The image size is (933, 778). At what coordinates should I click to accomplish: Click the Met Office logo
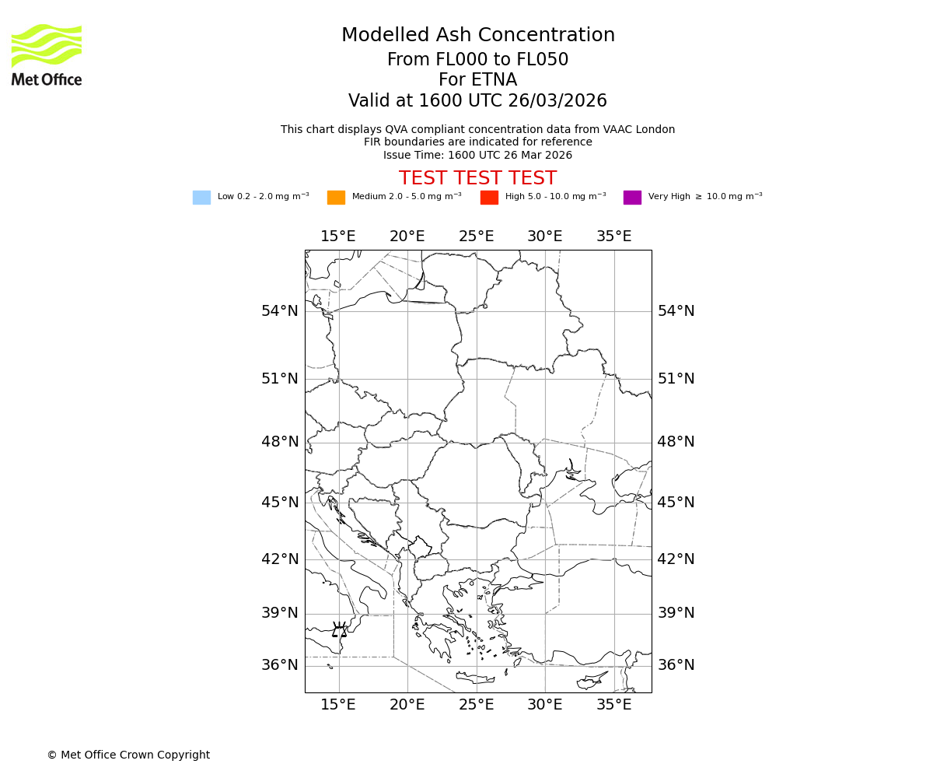point(47,54)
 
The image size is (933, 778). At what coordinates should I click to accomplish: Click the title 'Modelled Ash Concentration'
point(477,35)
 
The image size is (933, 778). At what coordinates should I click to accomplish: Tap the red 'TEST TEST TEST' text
point(477,178)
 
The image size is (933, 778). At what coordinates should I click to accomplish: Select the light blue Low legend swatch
point(201,197)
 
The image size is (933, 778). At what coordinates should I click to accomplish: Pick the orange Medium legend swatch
point(336,197)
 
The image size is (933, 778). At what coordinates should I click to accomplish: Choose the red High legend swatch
point(489,197)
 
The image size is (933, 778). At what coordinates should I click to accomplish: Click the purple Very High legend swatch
point(632,197)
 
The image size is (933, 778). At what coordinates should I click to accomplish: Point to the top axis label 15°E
point(338,237)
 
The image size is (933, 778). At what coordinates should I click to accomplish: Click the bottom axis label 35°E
point(613,705)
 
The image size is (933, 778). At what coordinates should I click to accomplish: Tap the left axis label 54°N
point(279,311)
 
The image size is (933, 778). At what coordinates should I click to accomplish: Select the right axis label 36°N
point(676,665)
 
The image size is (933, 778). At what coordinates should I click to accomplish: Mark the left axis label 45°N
point(279,503)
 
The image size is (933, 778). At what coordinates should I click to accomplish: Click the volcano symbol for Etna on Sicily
point(340,630)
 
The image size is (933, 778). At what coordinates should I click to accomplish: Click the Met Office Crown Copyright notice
point(128,755)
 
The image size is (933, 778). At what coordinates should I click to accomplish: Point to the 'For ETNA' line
point(477,80)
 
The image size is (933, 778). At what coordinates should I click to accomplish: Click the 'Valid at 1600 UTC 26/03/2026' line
point(477,101)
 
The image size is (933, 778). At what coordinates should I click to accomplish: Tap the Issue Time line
point(477,155)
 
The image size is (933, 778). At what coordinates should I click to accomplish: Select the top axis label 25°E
point(476,237)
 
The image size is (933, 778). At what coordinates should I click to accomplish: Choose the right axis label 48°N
point(676,442)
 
